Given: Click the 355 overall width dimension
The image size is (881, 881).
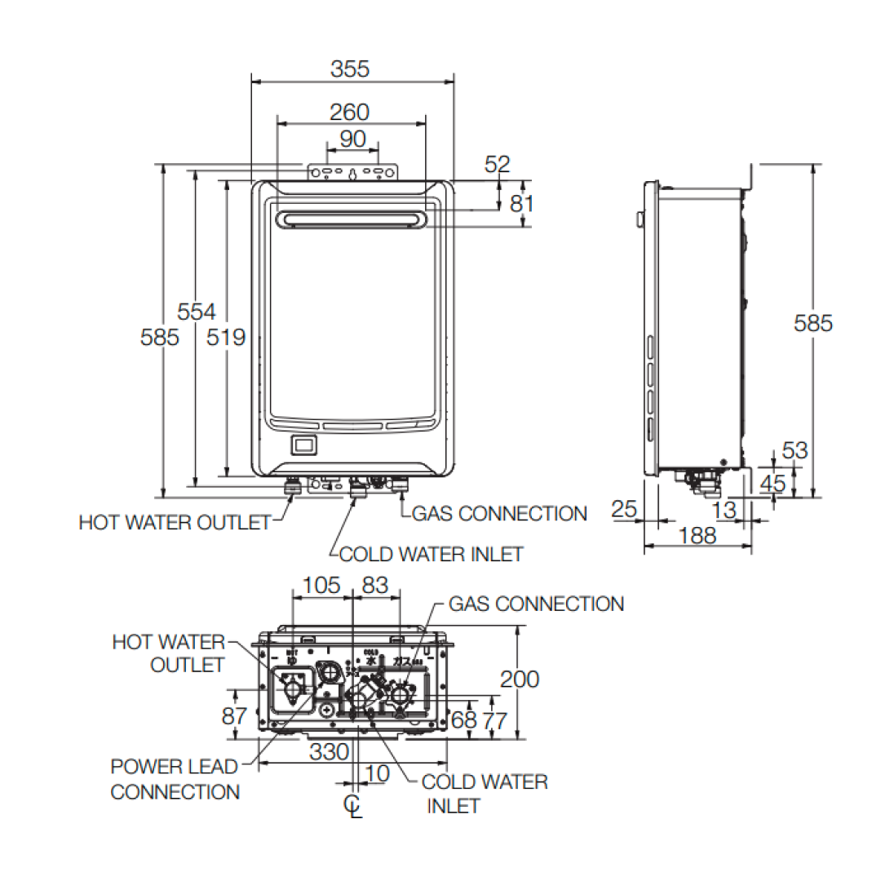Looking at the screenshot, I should (x=350, y=69).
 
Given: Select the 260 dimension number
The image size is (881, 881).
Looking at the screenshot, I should (x=350, y=112).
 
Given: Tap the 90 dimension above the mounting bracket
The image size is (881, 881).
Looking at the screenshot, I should (x=352, y=139).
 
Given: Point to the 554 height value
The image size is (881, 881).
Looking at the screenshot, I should (x=197, y=312).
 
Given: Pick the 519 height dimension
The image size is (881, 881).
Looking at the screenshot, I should (x=226, y=336).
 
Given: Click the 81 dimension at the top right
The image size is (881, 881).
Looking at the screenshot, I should (x=522, y=204).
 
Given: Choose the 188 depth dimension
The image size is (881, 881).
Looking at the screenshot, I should (x=697, y=536).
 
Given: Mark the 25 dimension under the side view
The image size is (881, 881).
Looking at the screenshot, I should (x=624, y=510).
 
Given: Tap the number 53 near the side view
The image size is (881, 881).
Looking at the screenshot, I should (x=794, y=450).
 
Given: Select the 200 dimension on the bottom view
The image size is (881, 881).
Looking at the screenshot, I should (x=520, y=679).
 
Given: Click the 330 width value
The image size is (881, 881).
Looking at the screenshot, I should (x=330, y=752).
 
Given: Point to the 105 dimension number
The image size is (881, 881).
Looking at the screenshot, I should (x=321, y=585).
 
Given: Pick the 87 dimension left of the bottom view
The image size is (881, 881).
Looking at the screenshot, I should (x=234, y=716).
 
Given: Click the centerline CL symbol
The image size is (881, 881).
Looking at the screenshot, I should (x=352, y=805).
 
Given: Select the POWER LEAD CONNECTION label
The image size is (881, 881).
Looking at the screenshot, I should (x=175, y=779).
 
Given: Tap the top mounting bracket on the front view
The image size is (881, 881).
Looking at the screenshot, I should (x=352, y=173).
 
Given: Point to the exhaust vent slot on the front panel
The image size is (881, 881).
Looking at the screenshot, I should (x=352, y=220).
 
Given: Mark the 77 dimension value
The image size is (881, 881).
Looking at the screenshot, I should (x=495, y=720).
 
